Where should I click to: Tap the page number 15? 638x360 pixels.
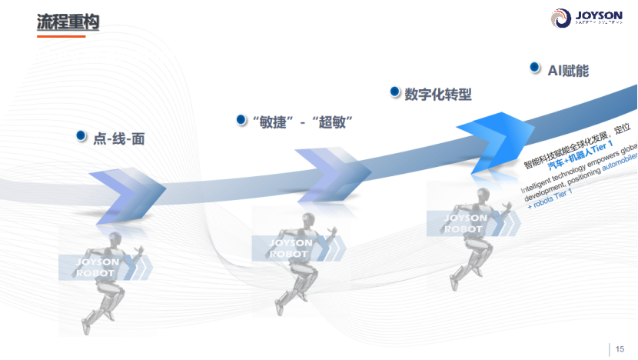[x=620, y=349]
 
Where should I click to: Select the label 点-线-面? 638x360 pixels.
[x=119, y=139]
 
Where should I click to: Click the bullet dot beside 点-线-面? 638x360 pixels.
[x=80, y=136]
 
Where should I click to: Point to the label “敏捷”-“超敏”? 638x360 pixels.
[x=297, y=122]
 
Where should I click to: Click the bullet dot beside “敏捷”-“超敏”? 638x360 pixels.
[x=240, y=119]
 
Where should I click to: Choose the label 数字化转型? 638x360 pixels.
[x=437, y=94]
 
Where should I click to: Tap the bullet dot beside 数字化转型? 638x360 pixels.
[x=394, y=92]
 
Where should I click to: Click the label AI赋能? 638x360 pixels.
[x=568, y=70]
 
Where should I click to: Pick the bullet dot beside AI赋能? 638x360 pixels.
[x=533, y=68]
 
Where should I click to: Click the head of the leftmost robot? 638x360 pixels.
[x=115, y=238]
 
